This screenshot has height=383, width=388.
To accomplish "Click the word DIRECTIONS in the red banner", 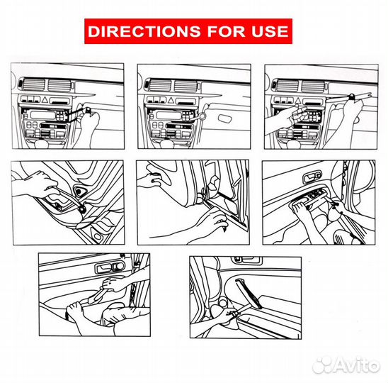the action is tap(144, 31).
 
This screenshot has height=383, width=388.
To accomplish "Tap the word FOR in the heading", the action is tap(226, 31).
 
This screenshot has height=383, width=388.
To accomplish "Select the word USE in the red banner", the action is tap(270, 31).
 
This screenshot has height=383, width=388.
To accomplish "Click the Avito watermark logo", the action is tap(346, 365).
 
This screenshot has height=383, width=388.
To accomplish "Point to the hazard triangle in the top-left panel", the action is tap(45, 100).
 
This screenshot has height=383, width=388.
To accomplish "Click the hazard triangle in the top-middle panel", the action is tap(171, 101).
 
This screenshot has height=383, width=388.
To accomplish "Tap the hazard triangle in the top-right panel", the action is tap(298, 101).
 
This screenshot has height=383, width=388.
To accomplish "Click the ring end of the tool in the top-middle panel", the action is tap(202, 116).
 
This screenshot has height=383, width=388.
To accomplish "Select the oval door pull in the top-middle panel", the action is tap(225, 118).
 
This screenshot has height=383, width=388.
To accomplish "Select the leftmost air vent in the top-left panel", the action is tap(34, 85).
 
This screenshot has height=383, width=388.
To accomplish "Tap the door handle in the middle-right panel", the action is tap(312, 177).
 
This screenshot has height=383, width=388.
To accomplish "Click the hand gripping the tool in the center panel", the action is tap(213, 221).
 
